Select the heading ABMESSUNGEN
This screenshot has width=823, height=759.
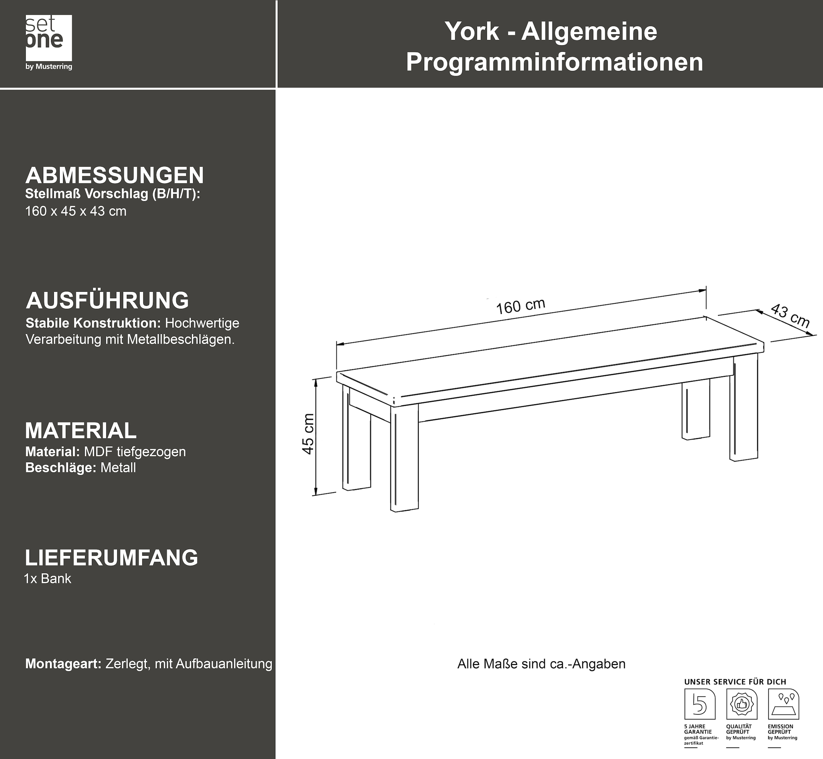click(x=115, y=176)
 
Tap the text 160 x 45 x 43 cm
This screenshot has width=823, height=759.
click(x=76, y=212)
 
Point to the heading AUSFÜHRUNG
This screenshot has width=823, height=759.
click(x=107, y=300)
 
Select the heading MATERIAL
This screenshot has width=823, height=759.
click(x=81, y=431)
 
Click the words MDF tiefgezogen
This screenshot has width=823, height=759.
click(x=135, y=452)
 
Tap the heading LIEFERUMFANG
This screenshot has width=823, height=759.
click(x=111, y=558)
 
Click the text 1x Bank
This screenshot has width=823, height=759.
click(x=48, y=579)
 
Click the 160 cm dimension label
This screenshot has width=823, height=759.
click(x=521, y=306)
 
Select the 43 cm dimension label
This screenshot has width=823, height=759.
click(x=789, y=316)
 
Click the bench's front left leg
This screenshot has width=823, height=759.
click(x=404, y=458)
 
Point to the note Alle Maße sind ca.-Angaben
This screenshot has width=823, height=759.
click(x=541, y=664)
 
